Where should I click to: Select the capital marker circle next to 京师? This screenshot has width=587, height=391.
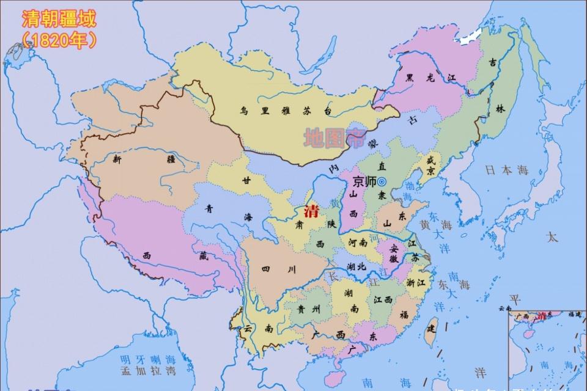coord(382,181)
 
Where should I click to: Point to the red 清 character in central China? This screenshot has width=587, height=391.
coord(311,212)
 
